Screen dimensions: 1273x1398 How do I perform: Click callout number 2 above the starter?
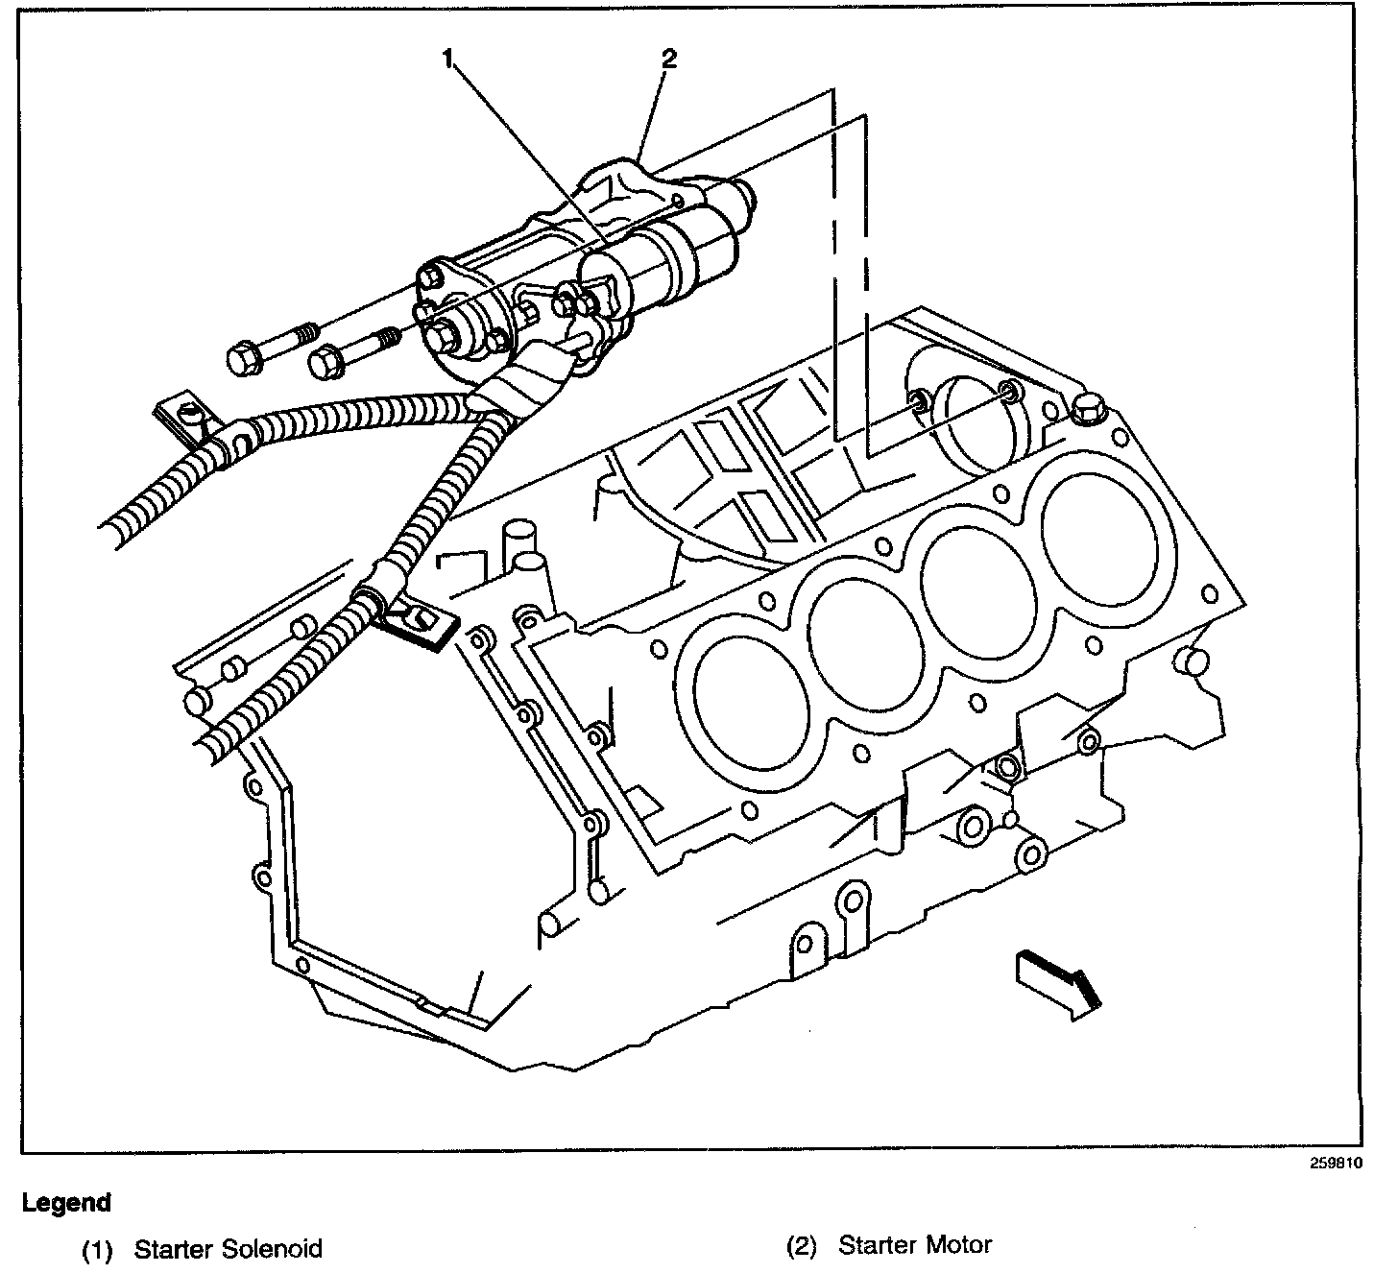pyautogui.click(x=669, y=60)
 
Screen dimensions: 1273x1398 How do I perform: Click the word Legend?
pyautogui.click(x=66, y=1202)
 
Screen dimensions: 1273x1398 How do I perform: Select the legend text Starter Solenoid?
pyautogui.click(x=228, y=1249)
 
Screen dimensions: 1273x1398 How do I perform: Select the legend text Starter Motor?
pyautogui.click(x=915, y=1246)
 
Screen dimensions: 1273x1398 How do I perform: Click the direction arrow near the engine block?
pyautogui.click(x=1056, y=981)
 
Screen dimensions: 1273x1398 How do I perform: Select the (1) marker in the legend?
pyautogui.click(x=97, y=1250)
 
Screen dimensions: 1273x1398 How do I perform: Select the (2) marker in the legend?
pyautogui.click(x=801, y=1247)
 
